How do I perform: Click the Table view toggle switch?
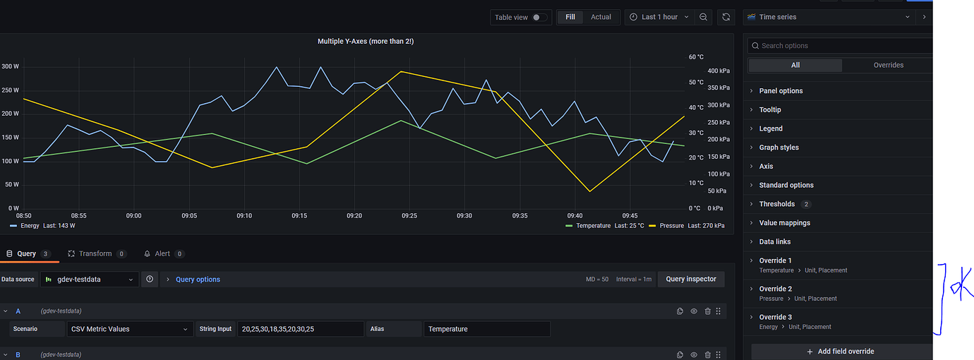[x=540, y=17]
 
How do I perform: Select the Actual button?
[x=601, y=17]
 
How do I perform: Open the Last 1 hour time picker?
[x=659, y=17]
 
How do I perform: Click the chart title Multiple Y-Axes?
[x=365, y=42]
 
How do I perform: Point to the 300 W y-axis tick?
[x=10, y=66]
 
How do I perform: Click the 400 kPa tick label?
[x=719, y=71]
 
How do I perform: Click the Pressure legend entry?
[x=671, y=226]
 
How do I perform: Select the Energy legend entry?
[x=30, y=226]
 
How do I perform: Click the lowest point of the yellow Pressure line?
[x=589, y=191]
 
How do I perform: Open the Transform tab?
[x=95, y=253]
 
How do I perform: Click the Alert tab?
[x=162, y=253]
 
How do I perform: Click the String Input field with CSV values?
[x=300, y=329]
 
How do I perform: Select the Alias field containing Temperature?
[x=486, y=329]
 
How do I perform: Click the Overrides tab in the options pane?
[x=888, y=65]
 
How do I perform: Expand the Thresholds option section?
[x=776, y=204]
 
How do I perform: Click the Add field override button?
[x=841, y=351]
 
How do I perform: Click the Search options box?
[x=840, y=46]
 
